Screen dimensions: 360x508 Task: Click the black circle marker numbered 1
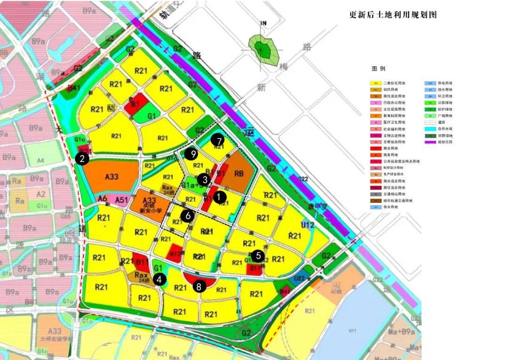point(219,198)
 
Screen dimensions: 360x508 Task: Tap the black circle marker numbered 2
point(82,159)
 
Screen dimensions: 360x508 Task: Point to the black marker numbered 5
point(258,256)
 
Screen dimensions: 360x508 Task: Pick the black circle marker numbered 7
point(217,140)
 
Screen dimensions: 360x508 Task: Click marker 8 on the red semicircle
point(199,286)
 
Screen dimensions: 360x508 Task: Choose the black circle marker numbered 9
point(190,154)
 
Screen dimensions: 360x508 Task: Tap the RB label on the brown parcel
point(239,174)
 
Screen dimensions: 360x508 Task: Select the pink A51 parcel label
point(121,200)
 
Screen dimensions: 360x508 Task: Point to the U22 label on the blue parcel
point(299,278)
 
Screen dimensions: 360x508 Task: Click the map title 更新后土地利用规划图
point(393,15)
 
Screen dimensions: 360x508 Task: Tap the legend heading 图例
point(378,69)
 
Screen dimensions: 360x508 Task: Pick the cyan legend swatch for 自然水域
point(430,128)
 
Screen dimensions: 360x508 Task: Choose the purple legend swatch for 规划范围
point(430,141)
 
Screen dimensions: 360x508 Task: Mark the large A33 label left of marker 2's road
point(111,176)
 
